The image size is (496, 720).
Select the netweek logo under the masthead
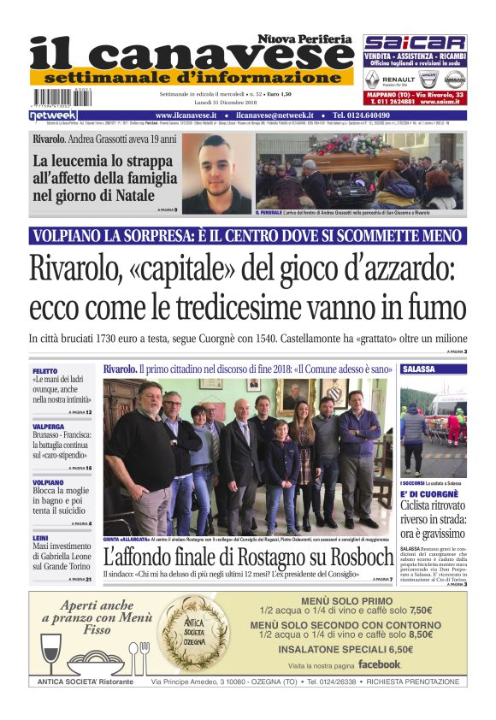[x=53, y=115]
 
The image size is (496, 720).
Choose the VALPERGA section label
[x=48, y=425]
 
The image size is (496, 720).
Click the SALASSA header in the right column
[x=418, y=369]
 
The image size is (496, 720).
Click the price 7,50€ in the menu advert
[x=420, y=611]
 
